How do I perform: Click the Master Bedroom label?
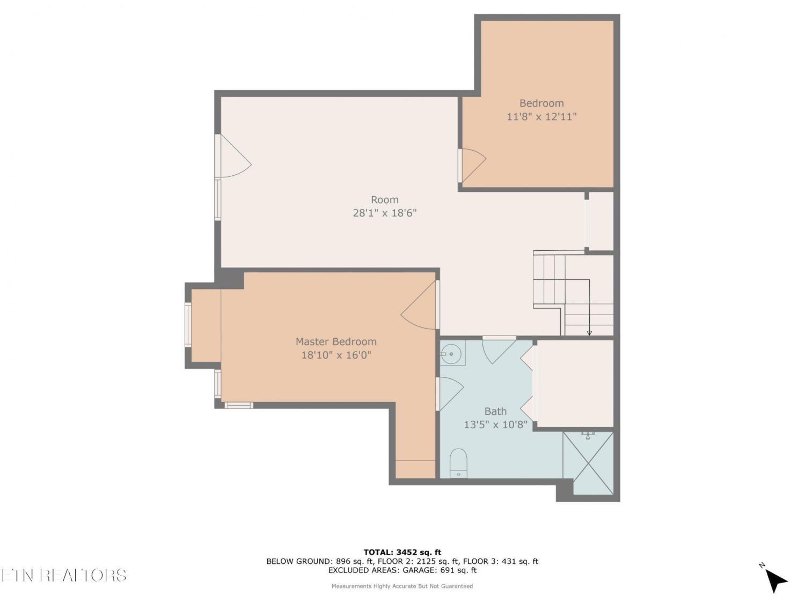[x=336, y=341]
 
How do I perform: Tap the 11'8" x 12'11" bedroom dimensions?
[x=541, y=117]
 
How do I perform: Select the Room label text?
[x=384, y=199]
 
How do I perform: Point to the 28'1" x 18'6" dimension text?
[x=385, y=213]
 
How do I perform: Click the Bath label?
[x=495, y=411]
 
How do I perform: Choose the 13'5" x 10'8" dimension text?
[x=495, y=425]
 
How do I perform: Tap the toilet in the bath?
[x=458, y=463]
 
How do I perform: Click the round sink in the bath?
[x=451, y=354]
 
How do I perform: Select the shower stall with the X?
[x=588, y=463]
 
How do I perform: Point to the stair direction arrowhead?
[x=589, y=333]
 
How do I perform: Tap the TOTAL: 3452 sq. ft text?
[x=402, y=552]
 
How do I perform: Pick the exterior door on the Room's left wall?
[x=233, y=156]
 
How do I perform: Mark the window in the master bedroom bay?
[x=188, y=324]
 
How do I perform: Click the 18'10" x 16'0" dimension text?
[x=336, y=355]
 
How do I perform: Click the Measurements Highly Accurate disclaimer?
[x=402, y=586]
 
